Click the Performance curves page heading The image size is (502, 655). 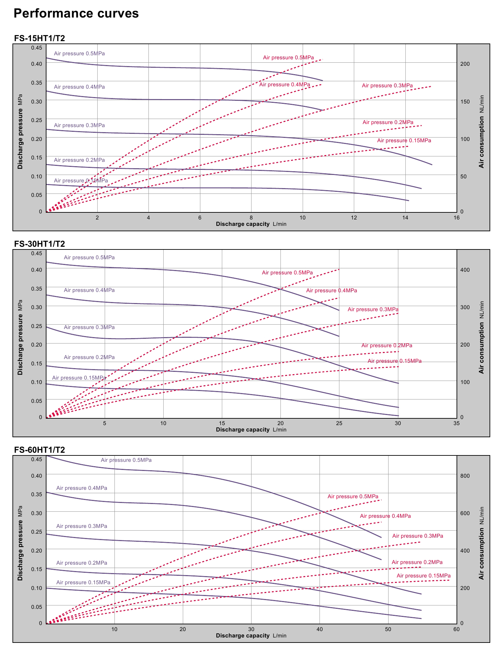[x=76, y=13]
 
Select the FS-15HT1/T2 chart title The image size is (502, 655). [x=39, y=38]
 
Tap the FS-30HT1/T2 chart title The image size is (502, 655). [x=39, y=244]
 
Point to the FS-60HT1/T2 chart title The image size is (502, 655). [x=39, y=450]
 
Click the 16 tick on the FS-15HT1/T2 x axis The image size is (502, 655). [x=456, y=218]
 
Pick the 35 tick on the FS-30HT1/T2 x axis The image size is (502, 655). [x=456, y=423]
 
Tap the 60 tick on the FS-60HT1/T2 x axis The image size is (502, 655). [x=456, y=629]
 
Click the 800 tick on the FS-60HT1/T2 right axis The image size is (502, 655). [x=465, y=476]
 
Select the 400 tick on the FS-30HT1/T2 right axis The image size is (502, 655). [x=465, y=270]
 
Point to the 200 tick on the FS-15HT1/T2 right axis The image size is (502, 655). [x=465, y=64]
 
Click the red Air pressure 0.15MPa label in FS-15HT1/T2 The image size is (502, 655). [x=404, y=141]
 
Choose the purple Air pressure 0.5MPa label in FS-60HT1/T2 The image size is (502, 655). [x=126, y=460]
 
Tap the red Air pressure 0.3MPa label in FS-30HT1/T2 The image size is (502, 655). [x=373, y=309]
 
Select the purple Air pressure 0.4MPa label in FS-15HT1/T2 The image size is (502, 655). [x=79, y=87]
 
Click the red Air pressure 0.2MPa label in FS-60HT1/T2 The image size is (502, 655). [x=417, y=562]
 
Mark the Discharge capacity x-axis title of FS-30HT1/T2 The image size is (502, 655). [x=251, y=430]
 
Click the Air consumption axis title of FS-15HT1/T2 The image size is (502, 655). [x=481, y=132]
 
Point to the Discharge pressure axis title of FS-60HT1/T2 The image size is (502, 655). [x=21, y=543]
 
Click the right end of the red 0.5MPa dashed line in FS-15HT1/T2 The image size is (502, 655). [x=322, y=59]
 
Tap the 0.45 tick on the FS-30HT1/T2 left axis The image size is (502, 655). [x=37, y=254]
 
